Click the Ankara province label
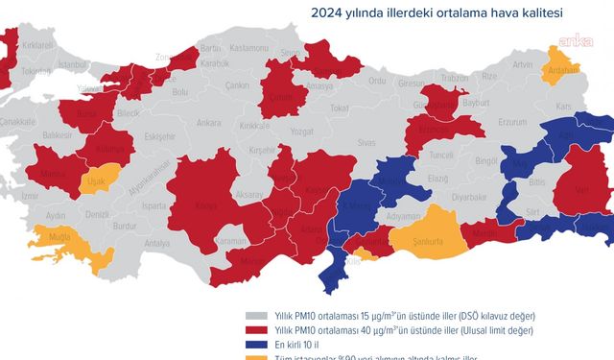pos(208,123)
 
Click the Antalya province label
pos(156,244)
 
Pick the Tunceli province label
pos(440,154)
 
